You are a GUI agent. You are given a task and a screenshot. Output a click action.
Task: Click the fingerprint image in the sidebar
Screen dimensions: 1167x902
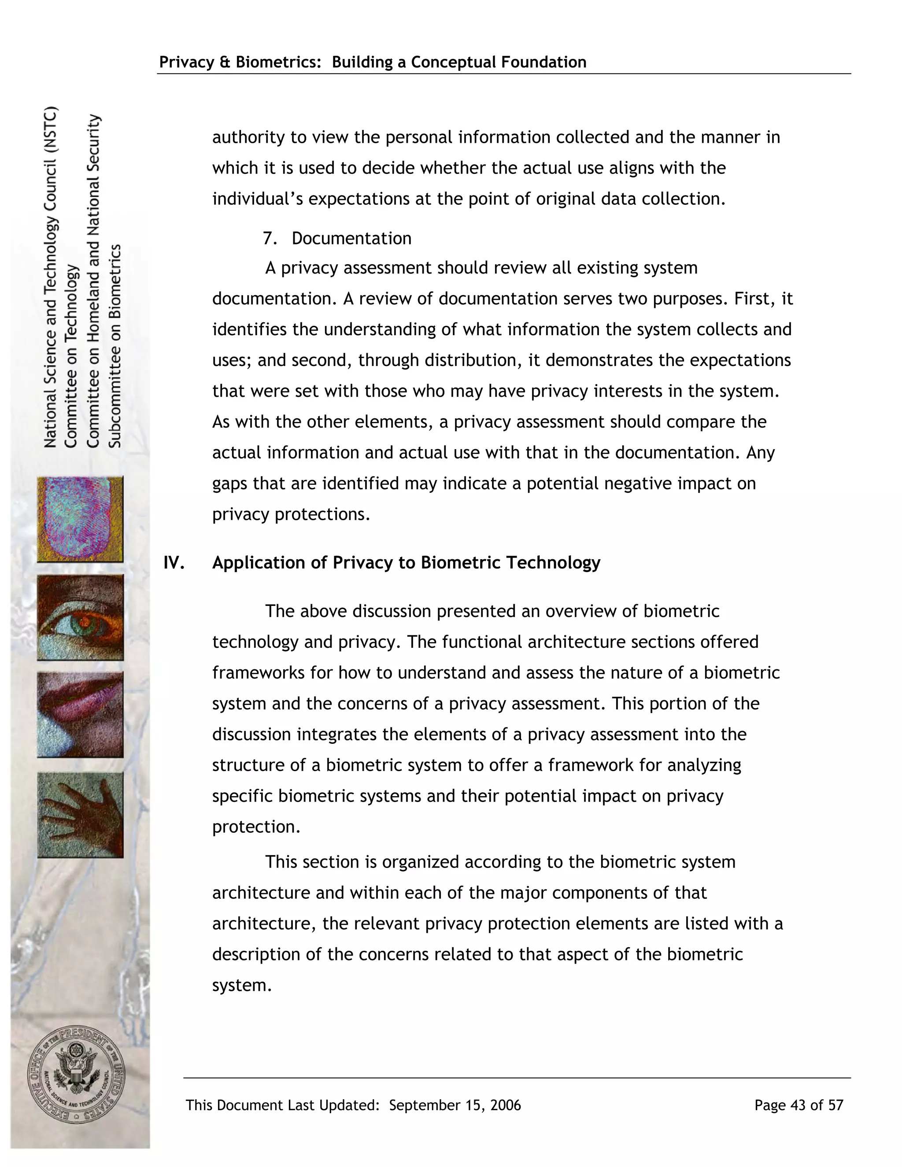80,519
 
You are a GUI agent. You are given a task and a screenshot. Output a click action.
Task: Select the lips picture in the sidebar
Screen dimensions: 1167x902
80,714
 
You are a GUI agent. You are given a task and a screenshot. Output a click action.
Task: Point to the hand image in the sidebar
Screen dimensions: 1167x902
80,814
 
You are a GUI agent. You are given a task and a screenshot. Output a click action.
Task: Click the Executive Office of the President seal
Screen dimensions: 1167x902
76,1075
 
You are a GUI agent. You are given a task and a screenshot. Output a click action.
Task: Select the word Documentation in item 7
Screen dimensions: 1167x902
351,238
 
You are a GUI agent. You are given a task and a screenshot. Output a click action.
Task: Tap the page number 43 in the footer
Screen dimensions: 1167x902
798,1105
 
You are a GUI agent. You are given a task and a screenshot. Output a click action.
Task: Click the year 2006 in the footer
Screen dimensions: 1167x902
505,1105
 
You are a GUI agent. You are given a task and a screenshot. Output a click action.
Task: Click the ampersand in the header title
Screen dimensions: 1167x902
225,62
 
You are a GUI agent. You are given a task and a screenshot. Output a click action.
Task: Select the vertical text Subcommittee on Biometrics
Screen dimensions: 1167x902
115,346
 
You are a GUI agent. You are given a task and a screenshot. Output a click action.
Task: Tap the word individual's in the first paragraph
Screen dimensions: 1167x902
258,199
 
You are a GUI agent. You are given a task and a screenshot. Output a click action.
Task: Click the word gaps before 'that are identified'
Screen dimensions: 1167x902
230,484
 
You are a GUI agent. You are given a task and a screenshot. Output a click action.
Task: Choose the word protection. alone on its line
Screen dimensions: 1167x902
256,827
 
